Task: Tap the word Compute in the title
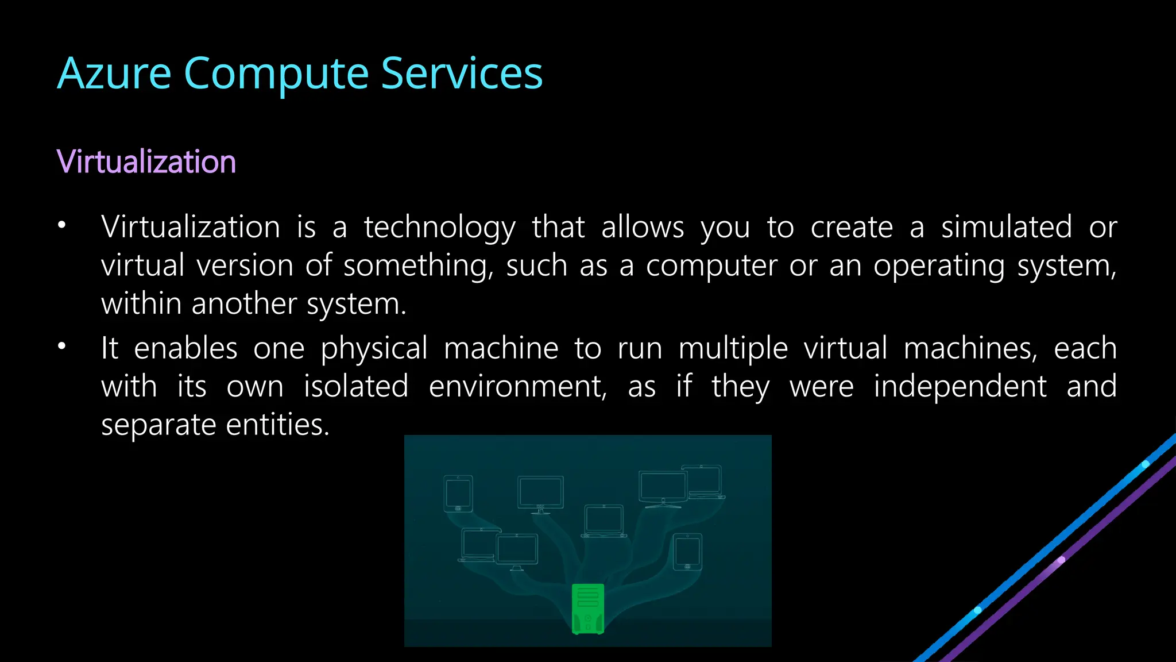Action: tap(276, 75)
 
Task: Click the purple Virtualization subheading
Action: tap(146, 161)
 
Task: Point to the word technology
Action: tap(440, 228)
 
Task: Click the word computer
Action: tap(711, 266)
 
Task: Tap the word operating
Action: tap(939, 266)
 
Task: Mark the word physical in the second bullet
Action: tap(374, 349)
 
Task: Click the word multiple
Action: tap(733, 349)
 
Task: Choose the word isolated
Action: tap(356, 386)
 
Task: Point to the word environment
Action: tap(517, 386)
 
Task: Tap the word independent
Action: tap(960, 386)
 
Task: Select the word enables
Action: tap(185, 348)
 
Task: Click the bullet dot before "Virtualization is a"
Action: tap(62, 225)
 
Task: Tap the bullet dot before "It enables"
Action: tap(62, 346)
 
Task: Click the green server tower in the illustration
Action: tap(588, 609)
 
